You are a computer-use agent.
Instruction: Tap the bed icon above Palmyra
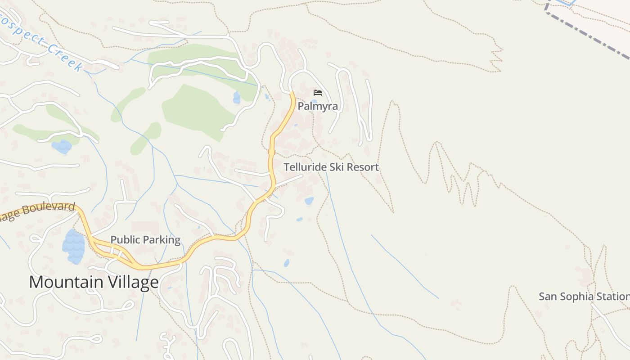pyautogui.click(x=318, y=93)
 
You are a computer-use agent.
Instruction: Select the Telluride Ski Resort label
pyautogui.click(x=331, y=167)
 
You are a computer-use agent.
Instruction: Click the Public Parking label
pyautogui.click(x=145, y=240)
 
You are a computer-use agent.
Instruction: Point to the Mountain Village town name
pyautogui.click(x=94, y=282)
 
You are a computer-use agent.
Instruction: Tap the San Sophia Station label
pyautogui.click(x=584, y=297)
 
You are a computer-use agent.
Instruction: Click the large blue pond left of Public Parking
pyautogui.click(x=73, y=247)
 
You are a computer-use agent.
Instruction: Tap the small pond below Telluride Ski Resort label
pyautogui.click(x=309, y=201)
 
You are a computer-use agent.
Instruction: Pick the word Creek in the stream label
pyautogui.click(x=65, y=57)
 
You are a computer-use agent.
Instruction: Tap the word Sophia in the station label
pyautogui.click(x=577, y=297)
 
